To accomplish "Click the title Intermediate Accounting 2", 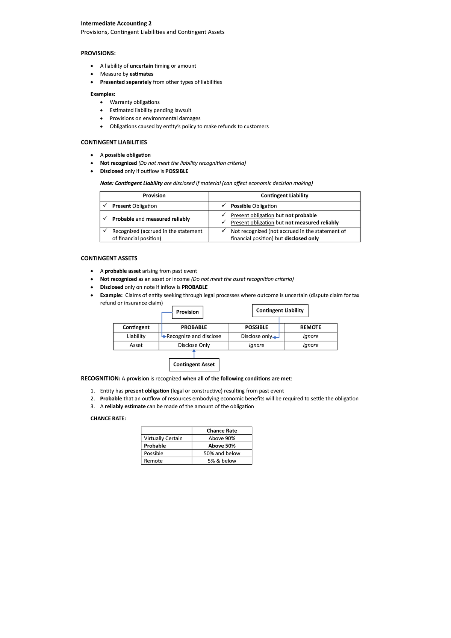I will [116, 23].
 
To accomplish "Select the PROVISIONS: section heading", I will [98, 53].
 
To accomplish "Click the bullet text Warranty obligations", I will [135, 102].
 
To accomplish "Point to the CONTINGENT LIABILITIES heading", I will [114, 142].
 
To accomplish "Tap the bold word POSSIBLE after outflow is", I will [177, 171].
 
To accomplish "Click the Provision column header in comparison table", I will [154, 196].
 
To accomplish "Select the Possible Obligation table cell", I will [254, 206].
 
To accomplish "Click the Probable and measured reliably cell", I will [151, 219].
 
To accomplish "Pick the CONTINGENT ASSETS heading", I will [109, 258].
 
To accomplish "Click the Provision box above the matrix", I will [188, 312].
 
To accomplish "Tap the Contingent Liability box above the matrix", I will [280, 311].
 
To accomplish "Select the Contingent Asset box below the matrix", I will [194, 365].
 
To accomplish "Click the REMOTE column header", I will [310, 327].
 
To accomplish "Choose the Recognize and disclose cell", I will [194, 336].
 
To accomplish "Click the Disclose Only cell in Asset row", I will [194, 345].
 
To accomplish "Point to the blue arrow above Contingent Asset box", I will [194, 353].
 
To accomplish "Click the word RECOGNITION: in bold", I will [100, 379].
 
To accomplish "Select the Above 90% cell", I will [222, 438].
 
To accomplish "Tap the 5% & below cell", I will [222, 461].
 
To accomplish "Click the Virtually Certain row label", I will [163, 438].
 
